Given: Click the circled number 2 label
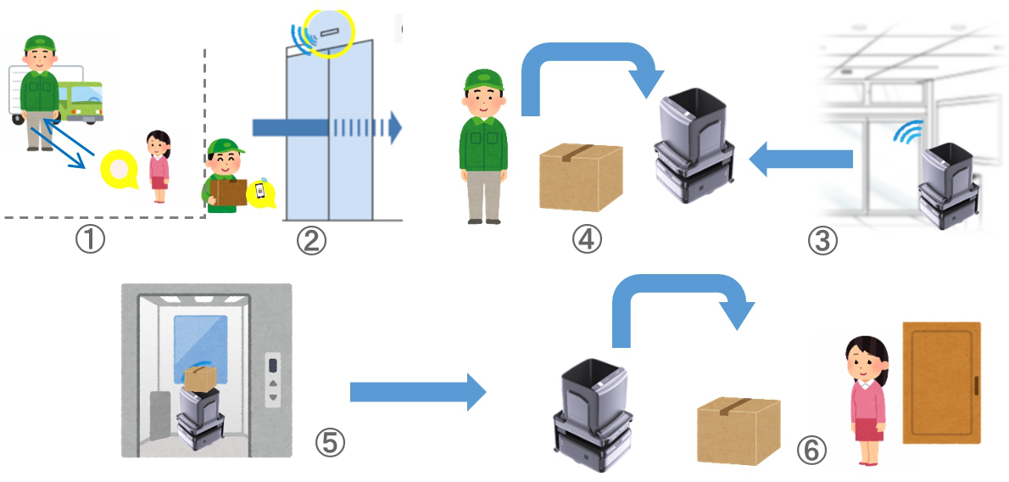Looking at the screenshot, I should coord(311,240).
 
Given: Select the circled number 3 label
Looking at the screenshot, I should coord(822,240).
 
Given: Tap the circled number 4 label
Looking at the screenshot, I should coord(586,240).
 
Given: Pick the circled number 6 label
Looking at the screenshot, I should coord(811,451).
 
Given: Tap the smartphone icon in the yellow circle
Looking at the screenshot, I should coord(262,192).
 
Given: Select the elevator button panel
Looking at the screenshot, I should coord(273,378).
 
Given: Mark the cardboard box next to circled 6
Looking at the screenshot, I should coord(738,432).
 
